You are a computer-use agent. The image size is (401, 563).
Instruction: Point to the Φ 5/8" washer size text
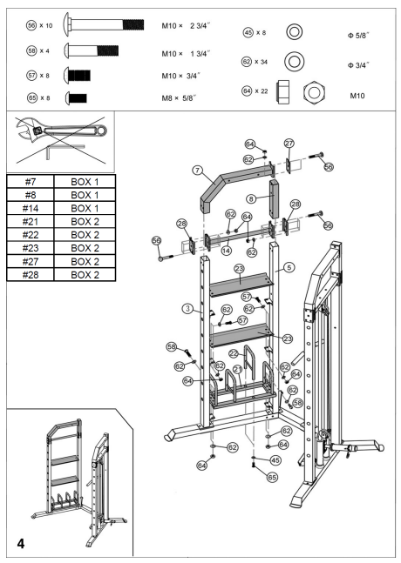coord(357,34)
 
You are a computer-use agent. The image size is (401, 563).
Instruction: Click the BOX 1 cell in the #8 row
coord(87,196)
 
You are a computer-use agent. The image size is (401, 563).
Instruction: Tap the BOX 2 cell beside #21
coord(87,222)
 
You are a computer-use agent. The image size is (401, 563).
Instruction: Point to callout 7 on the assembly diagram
coord(198,169)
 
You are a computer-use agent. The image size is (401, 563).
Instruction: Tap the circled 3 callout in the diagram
coord(187,307)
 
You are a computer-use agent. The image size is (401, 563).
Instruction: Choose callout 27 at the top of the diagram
coord(289,143)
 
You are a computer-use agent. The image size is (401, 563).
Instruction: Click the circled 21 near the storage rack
coord(237,369)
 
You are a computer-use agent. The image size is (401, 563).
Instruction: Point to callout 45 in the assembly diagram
coord(275,459)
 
